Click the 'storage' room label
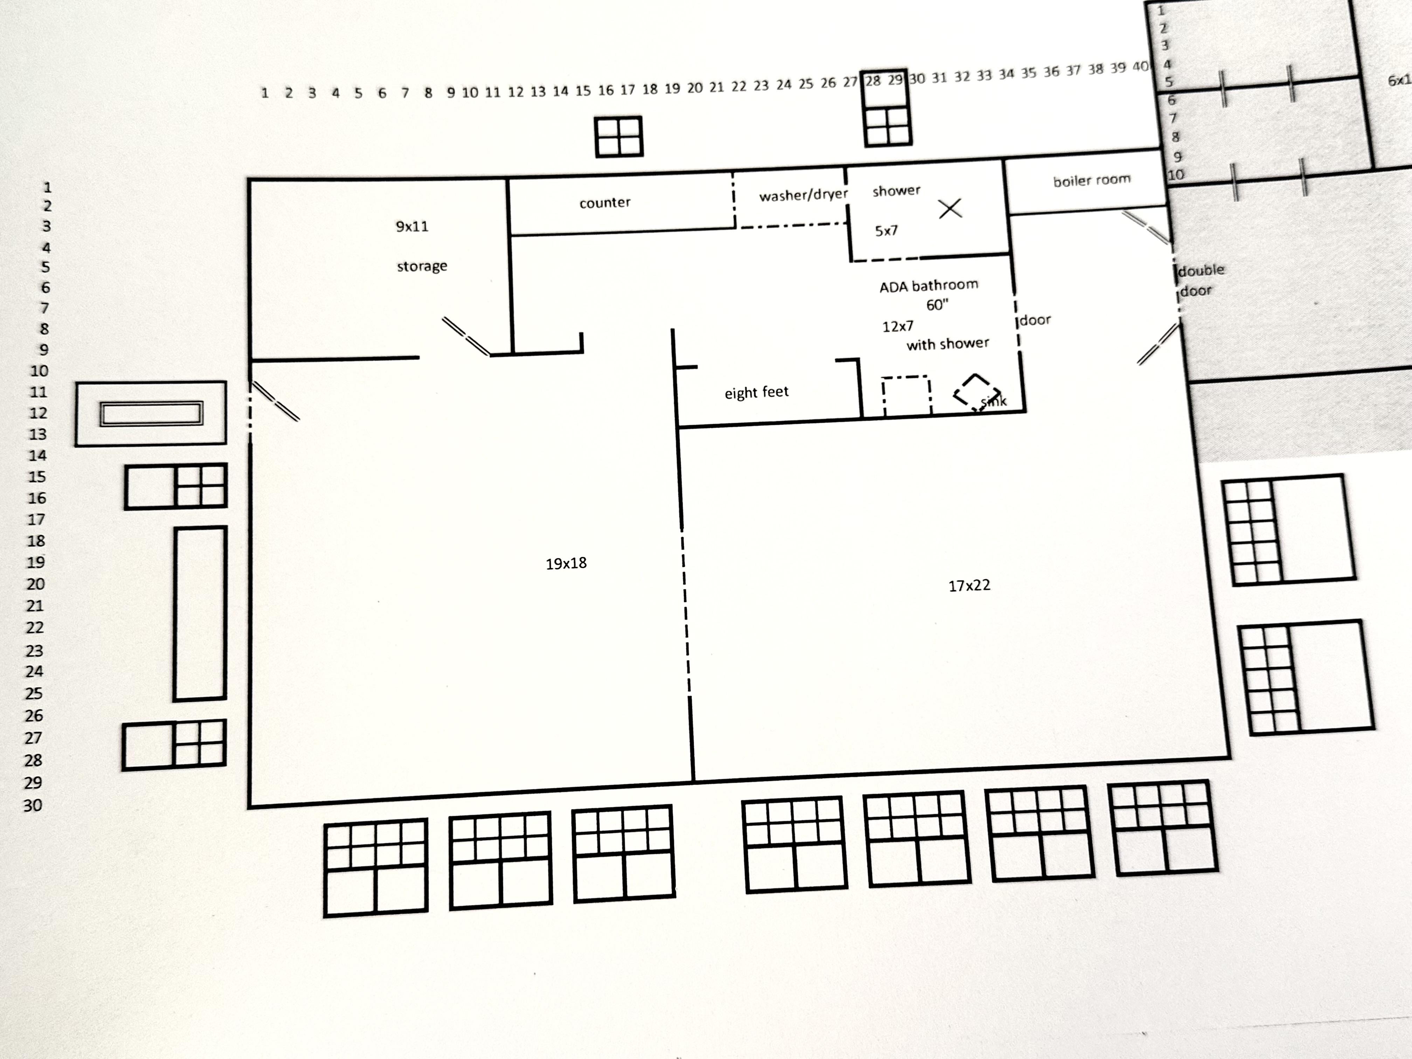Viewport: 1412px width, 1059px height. [x=422, y=266]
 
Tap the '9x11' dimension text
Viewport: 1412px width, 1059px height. [x=412, y=226]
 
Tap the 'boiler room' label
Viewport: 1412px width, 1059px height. [x=1092, y=181]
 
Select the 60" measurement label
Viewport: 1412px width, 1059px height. [x=937, y=305]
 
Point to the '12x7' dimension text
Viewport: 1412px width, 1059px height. [x=898, y=326]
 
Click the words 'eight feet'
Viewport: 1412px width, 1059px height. [x=756, y=392]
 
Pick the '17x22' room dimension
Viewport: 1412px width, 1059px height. [x=969, y=585]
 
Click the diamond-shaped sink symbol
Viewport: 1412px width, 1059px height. [x=976, y=391]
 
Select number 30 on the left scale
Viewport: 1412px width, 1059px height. [x=33, y=805]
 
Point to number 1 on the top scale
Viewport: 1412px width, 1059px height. [x=264, y=93]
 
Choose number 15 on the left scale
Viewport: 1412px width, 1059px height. [x=37, y=477]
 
